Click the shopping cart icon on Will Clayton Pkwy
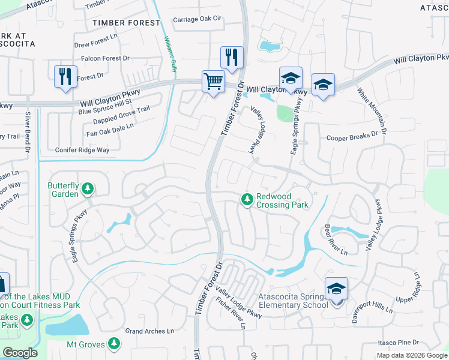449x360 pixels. point(214,81)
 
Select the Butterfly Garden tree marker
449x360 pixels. point(88,190)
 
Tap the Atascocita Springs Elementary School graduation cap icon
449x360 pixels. point(336,289)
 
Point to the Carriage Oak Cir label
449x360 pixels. point(197,19)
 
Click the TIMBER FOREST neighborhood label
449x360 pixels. point(127,23)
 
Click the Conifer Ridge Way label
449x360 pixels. point(82,150)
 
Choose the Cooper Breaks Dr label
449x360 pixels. point(352,137)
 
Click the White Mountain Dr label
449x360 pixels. point(373,111)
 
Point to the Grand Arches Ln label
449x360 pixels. point(149,331)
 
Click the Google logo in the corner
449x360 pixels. point(20,353)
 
